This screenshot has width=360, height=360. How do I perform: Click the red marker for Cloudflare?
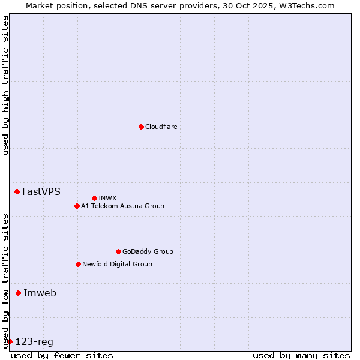tap(141, 127)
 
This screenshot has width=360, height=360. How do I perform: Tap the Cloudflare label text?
tap(161, 127)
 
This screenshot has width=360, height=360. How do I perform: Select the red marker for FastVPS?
tap(17, 191)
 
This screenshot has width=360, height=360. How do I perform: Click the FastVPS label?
tap(41, 192)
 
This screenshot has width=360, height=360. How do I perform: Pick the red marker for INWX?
tap(94, 198)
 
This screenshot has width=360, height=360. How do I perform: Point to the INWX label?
tap(107, 198)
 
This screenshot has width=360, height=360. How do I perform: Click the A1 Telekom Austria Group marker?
tap(77, 206)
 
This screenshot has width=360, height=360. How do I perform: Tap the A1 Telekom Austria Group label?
tap(122, 206)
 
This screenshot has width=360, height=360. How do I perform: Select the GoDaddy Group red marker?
tap(118, 251)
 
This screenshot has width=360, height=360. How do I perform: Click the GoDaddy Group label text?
tap(147, 251)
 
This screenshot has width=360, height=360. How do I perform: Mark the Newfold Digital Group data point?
tap(78, 264)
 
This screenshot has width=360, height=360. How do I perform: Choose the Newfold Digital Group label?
tap(117, 264)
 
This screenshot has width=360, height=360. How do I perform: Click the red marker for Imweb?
tap(18, 293)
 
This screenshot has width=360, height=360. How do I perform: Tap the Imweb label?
tap(40, 293)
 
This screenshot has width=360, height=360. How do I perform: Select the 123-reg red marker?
tap(10, 341)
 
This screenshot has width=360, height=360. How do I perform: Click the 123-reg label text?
tap(34, 342)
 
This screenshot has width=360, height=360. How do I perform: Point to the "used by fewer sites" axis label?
tap(62, 355)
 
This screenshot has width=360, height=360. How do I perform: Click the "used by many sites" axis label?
tap(301, 355)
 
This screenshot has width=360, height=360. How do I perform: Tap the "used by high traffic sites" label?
tap(5, 85)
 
